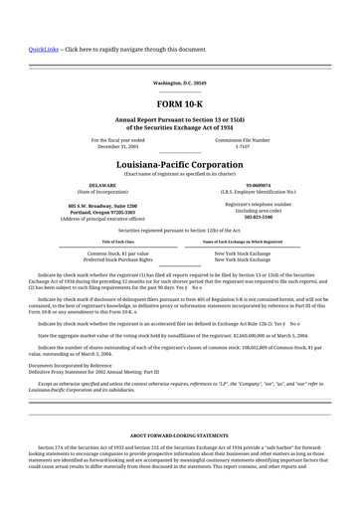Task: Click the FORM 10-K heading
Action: (x=179, y=103)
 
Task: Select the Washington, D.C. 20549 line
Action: (x=179, y=83)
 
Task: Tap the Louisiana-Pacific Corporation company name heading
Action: (x=179, y=164)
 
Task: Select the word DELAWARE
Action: (x=102, y=185)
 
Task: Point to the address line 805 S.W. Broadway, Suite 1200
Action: (x=102, y=206)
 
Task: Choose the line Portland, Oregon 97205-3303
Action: (x=102, y=212)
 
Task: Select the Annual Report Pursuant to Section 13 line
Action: (x=179, y=120)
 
